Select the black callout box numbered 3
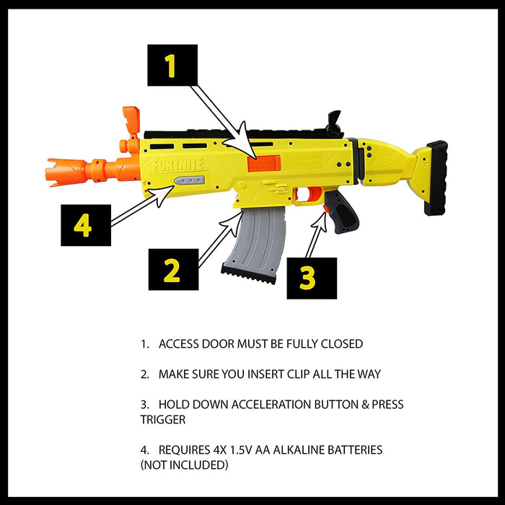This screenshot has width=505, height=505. (x=311, y=278)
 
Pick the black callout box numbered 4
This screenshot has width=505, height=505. (x=85, y=225)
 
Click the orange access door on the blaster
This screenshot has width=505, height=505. (x=263, y=163)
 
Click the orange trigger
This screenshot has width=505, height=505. (x=314, y=194)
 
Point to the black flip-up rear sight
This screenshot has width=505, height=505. (x=333, y=123)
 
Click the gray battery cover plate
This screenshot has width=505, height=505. (x=190, y=183)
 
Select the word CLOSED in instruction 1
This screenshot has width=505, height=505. (x=340, y=344)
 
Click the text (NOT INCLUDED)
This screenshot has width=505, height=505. (x=184, y=465)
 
